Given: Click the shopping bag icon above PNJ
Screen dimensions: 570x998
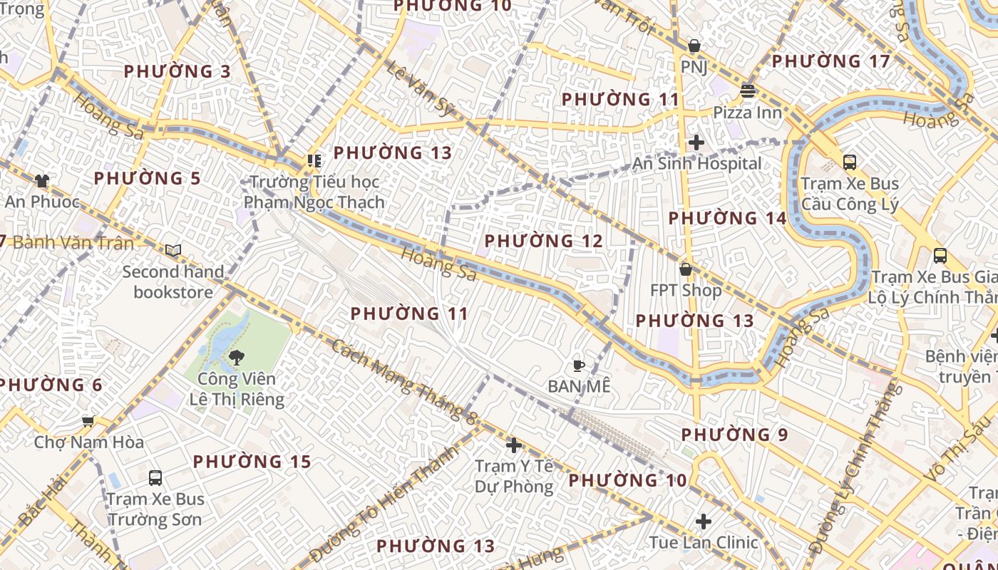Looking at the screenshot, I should coord(694,46).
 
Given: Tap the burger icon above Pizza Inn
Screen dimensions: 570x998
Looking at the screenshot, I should coord(748,91).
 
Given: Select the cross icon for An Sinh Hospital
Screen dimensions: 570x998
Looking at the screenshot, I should coord(696,142).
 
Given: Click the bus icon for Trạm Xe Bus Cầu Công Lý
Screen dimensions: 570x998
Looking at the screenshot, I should coord(850,162).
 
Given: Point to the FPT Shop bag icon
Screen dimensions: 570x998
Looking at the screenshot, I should coord(686,269).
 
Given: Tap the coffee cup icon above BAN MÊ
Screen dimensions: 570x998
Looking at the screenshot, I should coord(579,366).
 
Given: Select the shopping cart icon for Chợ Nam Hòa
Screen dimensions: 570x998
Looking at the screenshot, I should coord(88,422).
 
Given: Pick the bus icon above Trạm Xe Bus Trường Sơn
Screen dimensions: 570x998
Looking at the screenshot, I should coord(155,478).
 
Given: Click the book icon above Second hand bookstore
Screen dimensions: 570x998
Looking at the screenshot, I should coord(173,251).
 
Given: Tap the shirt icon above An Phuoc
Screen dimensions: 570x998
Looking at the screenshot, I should coord(42,181).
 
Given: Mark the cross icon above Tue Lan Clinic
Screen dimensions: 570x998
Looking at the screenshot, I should coord(704,522).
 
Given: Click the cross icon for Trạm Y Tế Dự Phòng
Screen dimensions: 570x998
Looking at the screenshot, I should coord(513,446).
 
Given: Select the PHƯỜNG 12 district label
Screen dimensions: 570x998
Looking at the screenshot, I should coord(544,241).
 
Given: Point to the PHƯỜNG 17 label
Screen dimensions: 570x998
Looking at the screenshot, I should coord(831,61).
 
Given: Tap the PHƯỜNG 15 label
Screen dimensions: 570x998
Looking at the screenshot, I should coord(252,462).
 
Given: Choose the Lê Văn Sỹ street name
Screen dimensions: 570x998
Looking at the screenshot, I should coord(421,88).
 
